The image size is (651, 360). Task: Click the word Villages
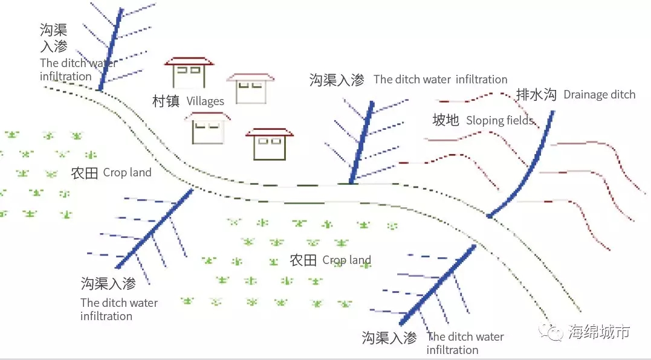coord(205,101)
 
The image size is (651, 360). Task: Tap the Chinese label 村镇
coord(166,101)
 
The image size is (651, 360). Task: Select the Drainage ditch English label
coord(599,94)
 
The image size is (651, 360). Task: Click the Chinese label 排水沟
coord(536,94)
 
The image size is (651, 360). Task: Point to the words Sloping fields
coord(499,120)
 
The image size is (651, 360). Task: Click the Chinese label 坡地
coord(445,120)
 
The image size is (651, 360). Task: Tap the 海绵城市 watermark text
coord(599,332)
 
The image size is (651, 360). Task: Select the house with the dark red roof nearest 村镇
coord(189,72)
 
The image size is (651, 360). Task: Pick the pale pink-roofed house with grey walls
coord(251,88)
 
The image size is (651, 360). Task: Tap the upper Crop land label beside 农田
coord(127,173)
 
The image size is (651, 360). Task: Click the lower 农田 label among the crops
coord(303,260)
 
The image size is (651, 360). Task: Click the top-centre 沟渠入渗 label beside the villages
coord(337,80)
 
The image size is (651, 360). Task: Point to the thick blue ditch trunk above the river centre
coord(361,143)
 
